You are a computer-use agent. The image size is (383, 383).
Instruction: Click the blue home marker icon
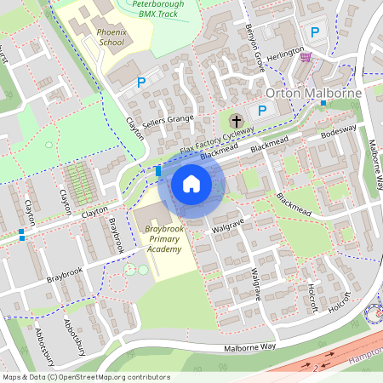pos(191,182)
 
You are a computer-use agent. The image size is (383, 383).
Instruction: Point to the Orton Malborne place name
pos(314,92)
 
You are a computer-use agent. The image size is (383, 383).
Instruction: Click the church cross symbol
pos(237,120)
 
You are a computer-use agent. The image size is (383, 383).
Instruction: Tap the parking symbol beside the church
pos(262,111)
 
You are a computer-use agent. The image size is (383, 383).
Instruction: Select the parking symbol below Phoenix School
pos(141,83)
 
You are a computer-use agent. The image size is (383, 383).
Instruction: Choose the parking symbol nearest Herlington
pos(314,33)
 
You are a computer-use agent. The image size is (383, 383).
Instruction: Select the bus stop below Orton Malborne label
pos(323,103)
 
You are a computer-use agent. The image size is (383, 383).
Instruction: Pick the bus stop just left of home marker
pos(159,171)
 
